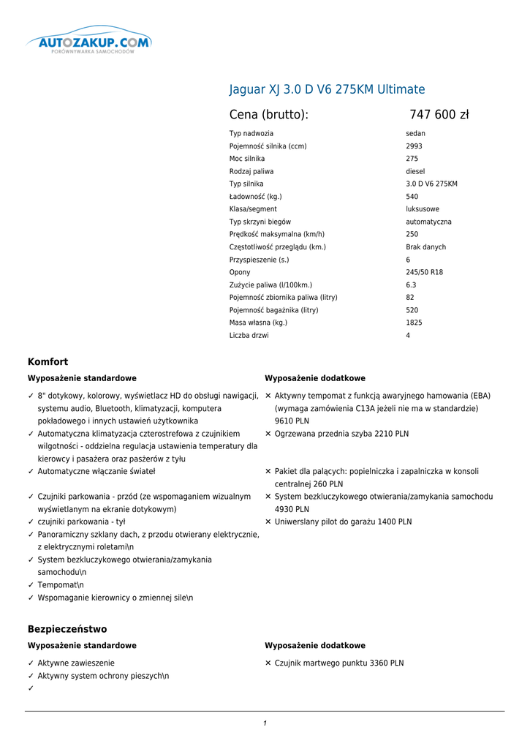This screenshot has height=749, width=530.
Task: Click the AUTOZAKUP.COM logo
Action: point(90,43)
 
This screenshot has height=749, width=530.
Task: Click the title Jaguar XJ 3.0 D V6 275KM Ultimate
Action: point(327,89)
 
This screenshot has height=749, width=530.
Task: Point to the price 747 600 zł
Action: point(439,114)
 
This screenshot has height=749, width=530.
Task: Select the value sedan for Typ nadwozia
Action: point(416,134)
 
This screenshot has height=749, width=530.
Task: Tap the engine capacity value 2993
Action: point(414,146)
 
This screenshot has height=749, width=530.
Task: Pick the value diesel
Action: point(415,171)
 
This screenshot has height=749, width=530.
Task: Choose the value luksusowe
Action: point(423,209)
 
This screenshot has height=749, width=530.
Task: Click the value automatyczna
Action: point(428,222)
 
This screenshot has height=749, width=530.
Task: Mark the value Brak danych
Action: point(425,247)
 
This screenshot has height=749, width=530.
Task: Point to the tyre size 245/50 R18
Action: point(424,272)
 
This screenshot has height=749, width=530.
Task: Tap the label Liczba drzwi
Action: point(249,336)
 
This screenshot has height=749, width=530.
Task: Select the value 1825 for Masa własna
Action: point(414,323)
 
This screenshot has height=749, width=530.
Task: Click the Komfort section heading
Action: point(48,361)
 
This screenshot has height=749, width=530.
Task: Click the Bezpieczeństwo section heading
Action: point(67,629)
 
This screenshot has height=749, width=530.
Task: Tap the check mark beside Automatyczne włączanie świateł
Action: point(31,472)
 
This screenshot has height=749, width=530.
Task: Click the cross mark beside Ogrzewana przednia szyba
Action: point(268,434)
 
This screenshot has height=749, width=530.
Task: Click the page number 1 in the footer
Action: point(265,723)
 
